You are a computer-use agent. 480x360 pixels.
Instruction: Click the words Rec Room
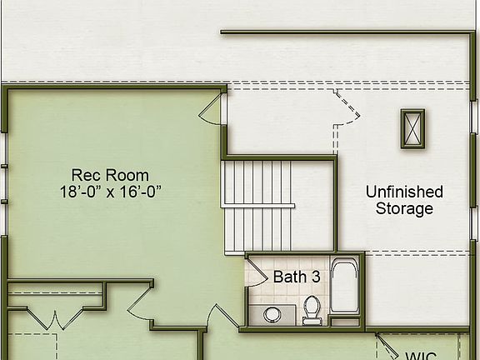click(x=110, y=175)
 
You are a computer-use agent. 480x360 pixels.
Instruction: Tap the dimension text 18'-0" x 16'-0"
click(x=110, y=191)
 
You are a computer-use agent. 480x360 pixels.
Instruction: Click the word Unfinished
click(x=404, y=192)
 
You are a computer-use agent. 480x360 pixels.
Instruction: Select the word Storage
click(x=404, y=208)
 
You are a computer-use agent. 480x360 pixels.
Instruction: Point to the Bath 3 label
click(x=295, y=277)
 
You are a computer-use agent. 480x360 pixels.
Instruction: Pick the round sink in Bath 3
click(x=272, y=314)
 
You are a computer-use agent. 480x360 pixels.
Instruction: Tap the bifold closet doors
click(x=54, y=318)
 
